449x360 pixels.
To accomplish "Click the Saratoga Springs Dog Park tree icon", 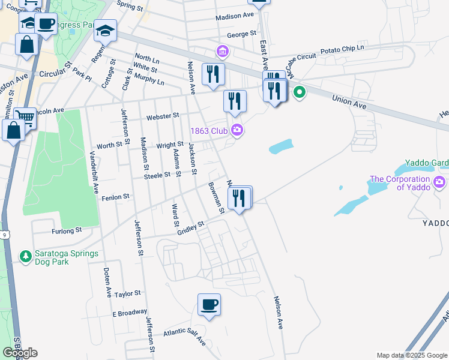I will point(26,257).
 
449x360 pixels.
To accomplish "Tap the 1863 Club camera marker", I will point(237,130).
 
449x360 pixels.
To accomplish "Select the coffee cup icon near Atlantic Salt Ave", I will point(209,305).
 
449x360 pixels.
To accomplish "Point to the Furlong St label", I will point(67,230).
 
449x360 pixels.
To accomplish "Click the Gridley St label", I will point(191,226).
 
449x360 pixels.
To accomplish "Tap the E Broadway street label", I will point(129,313).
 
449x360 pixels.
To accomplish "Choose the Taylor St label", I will point(127,293).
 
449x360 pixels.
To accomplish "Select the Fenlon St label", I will point(116,197).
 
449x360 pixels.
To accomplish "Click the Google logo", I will point(20,353).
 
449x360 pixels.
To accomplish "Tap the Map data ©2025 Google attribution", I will point(411,355).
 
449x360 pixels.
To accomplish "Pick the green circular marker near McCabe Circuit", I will point(298,92).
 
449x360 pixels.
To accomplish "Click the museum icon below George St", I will point(223,53).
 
